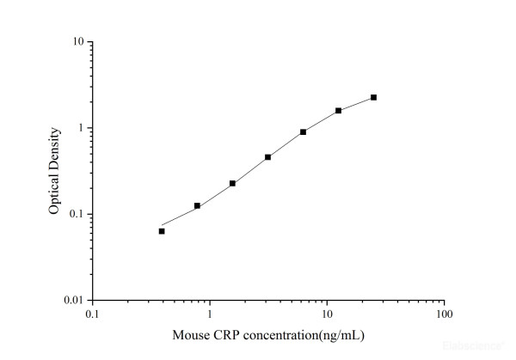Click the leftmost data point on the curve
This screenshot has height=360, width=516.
(x=162, y=231)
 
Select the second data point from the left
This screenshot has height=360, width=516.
(x=197, y=206)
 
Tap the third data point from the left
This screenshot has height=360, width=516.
(x=232, y=183)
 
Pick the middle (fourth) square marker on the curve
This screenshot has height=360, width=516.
(x=267, y=157)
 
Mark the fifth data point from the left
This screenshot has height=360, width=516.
(x=303, y=131)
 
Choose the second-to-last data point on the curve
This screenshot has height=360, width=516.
(x=338, y=110)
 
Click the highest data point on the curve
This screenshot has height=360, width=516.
(x=373, y=97)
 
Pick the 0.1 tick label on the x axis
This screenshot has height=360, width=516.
(x=91, y=314)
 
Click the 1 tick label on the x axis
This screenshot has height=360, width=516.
(x=209, y=314)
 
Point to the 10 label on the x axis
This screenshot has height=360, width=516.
(x=326, y=314)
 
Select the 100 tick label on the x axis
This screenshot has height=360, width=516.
(x=444, y=314)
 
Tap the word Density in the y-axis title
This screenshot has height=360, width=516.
(x=53, y=148)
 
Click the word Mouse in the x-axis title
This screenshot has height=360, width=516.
(x=189, y=335)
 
